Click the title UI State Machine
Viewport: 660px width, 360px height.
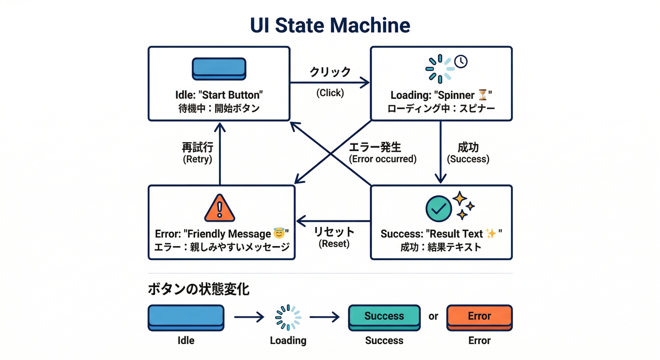pos(330,26)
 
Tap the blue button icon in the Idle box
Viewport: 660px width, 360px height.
pos(219,69)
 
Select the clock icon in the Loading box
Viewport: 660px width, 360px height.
pos(461,61)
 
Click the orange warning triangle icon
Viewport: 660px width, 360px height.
pos(219,208)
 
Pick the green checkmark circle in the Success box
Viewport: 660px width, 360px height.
pos(438,209)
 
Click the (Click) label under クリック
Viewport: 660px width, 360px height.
pos(330,93)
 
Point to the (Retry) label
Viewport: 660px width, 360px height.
pos(197,159)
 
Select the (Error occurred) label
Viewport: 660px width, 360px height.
pos(382,159)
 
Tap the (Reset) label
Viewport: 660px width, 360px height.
pos(334,244)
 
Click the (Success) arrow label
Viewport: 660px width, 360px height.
pos(468,159)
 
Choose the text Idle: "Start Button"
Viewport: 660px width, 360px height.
pos(219,95)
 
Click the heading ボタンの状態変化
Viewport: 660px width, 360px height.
pos(198,289)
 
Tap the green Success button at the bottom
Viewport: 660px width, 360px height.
pos(384,316)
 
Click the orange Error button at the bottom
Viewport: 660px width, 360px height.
pos(479,316)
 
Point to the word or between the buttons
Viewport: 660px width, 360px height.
pos(433,316)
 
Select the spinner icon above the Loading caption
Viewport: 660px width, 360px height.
pos(288,317)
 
